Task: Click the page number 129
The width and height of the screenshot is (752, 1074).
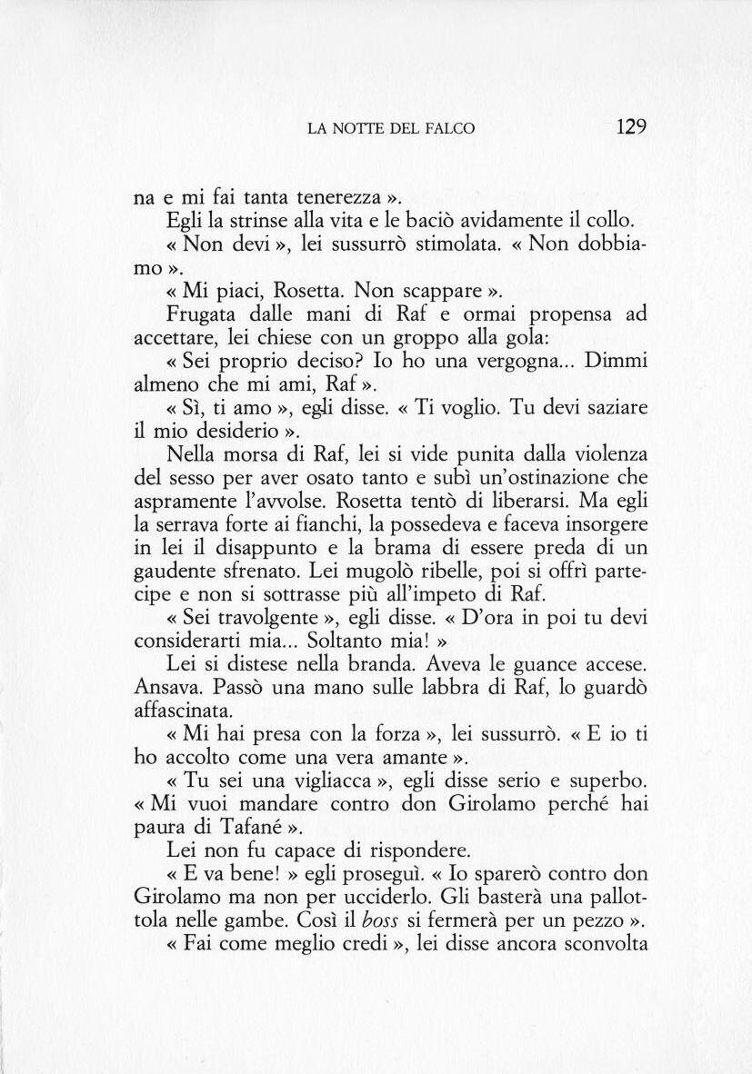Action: [x=630, y=126]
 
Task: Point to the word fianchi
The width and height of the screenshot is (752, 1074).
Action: [x=310, y=526]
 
